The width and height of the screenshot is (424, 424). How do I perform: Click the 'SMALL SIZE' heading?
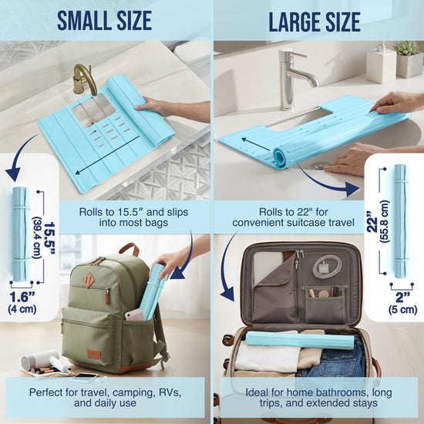coord(104,21)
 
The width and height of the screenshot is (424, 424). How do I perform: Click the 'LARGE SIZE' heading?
coord(315,22)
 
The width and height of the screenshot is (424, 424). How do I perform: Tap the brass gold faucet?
coord(84,79)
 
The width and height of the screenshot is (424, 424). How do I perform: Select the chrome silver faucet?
coord(294,79)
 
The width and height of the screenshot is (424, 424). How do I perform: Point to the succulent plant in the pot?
coord(406,49)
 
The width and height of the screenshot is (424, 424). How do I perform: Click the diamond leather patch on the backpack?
coord(89,281)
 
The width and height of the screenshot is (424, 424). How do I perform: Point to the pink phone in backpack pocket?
coord(134,315)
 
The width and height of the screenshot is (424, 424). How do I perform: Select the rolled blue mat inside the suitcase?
coord(300,340)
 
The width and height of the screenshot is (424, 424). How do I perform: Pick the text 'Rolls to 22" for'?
coord(294,212)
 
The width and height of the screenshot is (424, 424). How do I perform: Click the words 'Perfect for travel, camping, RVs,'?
coord(105,392)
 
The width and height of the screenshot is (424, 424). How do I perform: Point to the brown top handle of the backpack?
coord(129,248)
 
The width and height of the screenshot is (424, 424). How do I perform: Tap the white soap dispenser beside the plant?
coord(382,63)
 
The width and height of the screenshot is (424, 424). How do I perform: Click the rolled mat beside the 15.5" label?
coord(21,234)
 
